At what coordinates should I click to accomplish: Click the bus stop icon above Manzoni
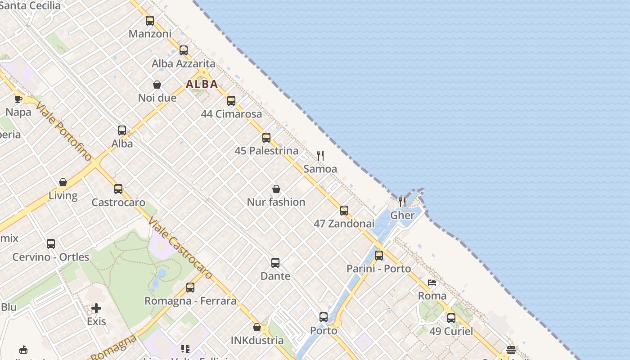150,21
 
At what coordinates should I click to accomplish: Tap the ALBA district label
202,84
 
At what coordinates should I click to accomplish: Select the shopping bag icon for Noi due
157,85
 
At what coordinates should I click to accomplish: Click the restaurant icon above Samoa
320,156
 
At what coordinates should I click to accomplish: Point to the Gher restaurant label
402,215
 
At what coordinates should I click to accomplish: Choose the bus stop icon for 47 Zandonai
344,210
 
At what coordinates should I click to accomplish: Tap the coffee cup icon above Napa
18,99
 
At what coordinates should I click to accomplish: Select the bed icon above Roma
432,283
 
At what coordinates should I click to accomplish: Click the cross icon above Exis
96,308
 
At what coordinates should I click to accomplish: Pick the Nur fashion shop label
276,202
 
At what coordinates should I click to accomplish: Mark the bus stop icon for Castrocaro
118,189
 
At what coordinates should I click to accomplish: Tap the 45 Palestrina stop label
266,151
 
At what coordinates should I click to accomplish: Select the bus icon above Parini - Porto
379,255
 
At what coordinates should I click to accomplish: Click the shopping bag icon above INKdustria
257,327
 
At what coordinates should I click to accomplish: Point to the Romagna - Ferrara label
190,301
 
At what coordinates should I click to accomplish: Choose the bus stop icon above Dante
275,262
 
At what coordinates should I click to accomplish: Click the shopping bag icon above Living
63,182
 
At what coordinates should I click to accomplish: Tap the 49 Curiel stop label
451,332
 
